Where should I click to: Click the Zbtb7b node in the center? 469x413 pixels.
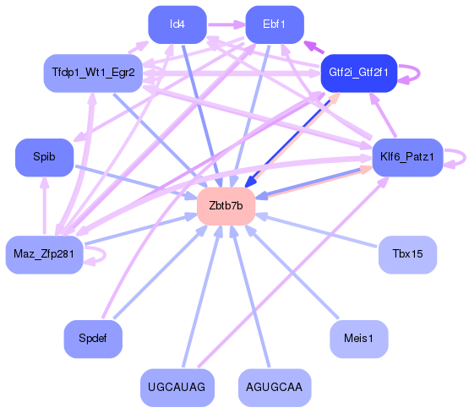tap(226, 206)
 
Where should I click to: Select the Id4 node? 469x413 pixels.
tap(177, 24)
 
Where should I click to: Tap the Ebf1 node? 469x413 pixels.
tap(274, 24)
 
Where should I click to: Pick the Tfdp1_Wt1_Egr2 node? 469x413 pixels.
tap(92, 73)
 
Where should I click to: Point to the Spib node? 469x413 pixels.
tap(43, 157)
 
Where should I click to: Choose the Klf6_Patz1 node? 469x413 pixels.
tap(408, 157)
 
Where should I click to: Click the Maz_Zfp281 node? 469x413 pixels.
tap(45, 254)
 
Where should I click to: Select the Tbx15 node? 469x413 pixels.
tap(407, 253)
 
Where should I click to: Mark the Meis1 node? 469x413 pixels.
tap(358, 338)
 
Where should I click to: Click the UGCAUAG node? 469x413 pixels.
tap(177, 387)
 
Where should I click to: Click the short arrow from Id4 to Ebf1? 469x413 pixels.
tap(225, 24)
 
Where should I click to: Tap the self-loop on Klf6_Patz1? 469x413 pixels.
tap(456, 157)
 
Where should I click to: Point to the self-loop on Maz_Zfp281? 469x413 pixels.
tap(95, 254)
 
